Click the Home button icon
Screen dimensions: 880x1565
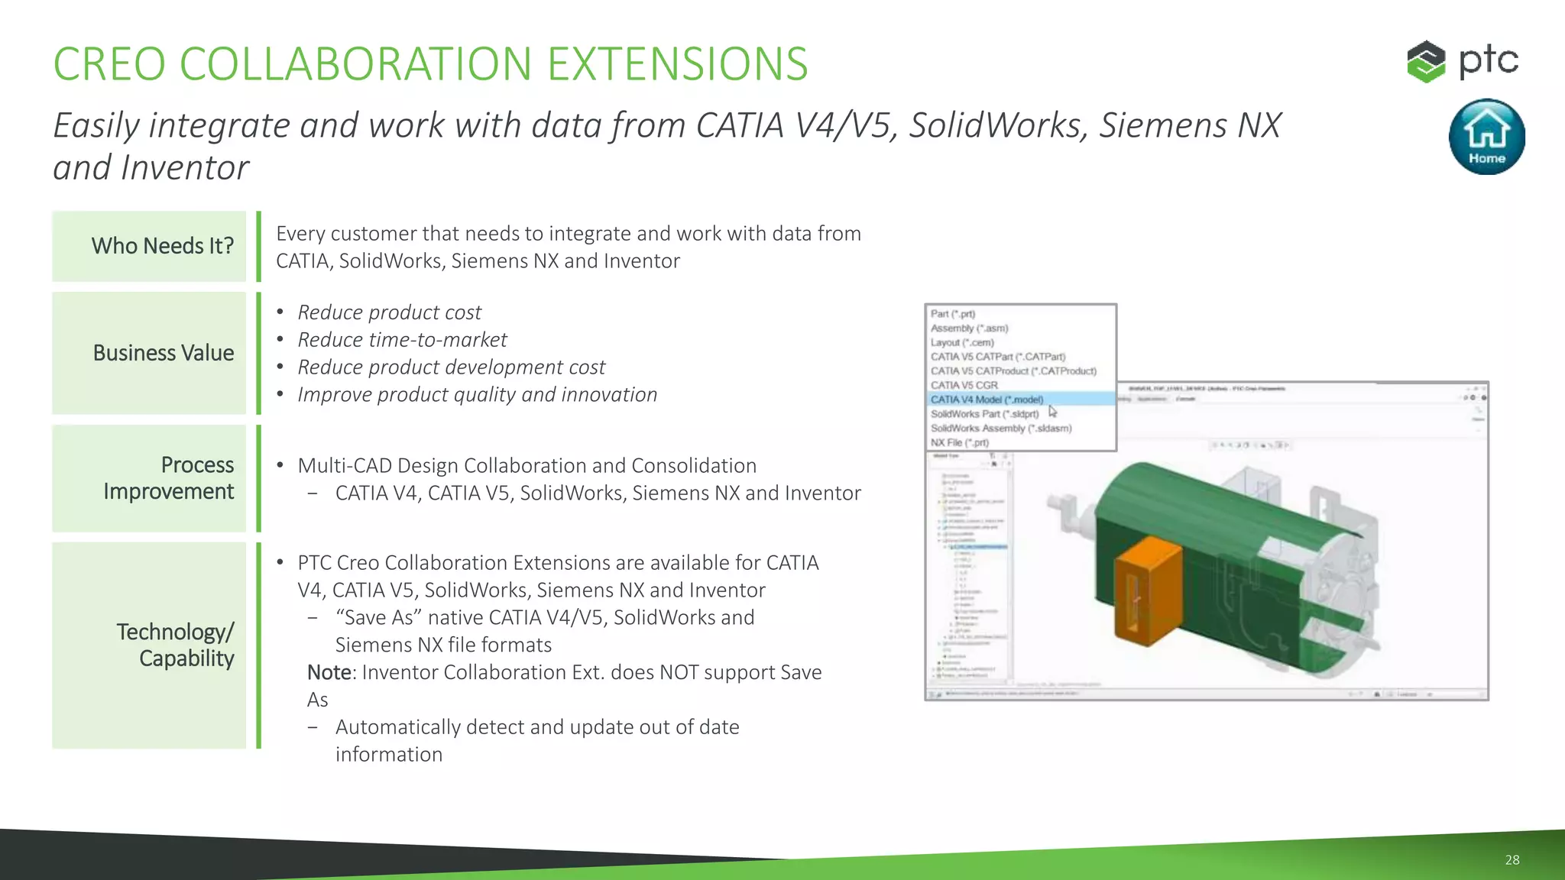1486,136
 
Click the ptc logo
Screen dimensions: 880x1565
1463,61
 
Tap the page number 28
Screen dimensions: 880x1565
1512,859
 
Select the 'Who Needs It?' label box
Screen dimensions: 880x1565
150,246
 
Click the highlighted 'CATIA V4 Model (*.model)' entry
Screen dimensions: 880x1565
987,400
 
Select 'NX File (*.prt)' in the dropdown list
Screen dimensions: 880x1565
959,442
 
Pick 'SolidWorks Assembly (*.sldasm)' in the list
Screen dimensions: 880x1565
1000,429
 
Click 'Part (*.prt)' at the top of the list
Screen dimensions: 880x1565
952,314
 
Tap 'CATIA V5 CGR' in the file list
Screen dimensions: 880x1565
964,385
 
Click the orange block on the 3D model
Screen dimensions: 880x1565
1146,588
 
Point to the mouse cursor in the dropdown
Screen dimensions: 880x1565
1052,411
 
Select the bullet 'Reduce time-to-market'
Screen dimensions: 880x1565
402,340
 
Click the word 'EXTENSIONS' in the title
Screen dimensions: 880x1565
677,64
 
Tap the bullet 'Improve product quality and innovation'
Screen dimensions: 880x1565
477,395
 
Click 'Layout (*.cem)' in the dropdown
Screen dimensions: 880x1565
961,342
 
